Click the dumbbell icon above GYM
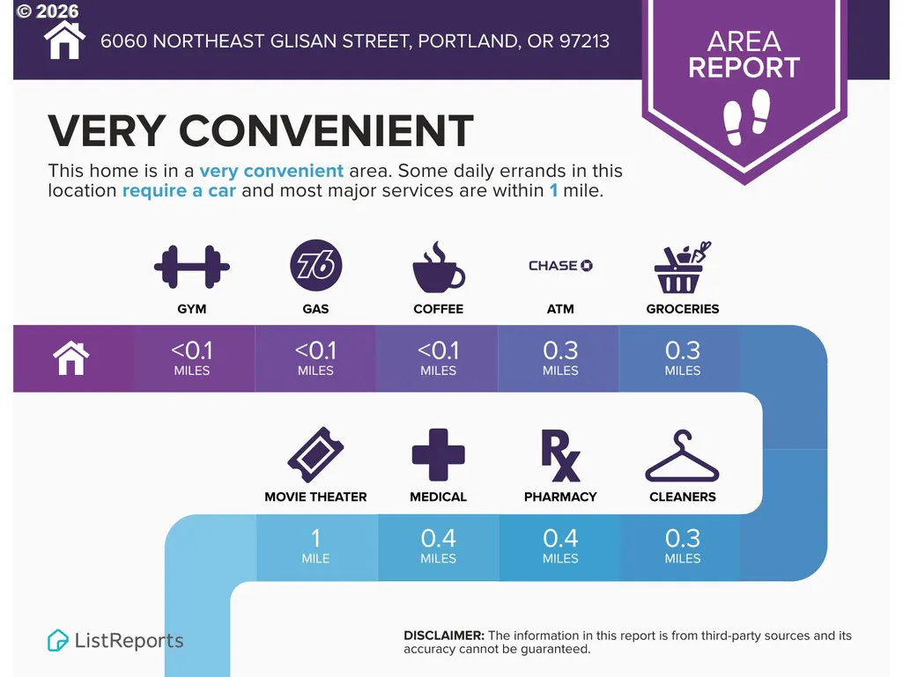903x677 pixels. (x=192, y=267)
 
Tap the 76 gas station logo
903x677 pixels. (x=315, y=265)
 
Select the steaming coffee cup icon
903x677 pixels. (x=438, y=267)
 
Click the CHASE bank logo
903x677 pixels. (x=560, y=265)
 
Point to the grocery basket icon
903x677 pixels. (x=683, y=267)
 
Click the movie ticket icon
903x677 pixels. (x=315, y=455)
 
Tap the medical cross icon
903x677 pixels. (x=438, y=455)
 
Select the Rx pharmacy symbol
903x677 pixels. (x=560, y=455)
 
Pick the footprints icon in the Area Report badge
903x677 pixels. (x=747, y=117)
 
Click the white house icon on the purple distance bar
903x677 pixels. (x=71, y=358)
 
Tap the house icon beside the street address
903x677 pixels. (x=64, y=40)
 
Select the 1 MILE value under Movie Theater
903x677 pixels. (x=315, y=546)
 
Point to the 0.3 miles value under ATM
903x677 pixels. (x=560, y=358)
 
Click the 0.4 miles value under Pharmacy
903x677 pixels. (x=560, y=546)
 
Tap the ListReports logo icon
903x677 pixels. (x=57, y=640)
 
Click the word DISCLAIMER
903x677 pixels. (x=444, y=636)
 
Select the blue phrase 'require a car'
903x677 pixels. (x=179, y=190)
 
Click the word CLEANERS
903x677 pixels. (x=683, y=497)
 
